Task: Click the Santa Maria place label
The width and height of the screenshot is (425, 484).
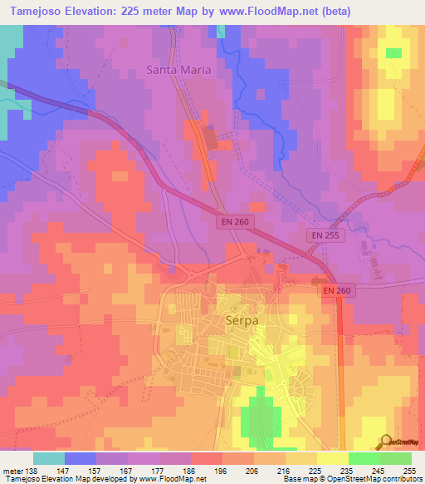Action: point(179,70)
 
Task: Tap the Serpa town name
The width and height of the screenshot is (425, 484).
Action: point(242,319)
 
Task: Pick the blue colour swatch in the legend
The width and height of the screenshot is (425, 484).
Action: point(80,458)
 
